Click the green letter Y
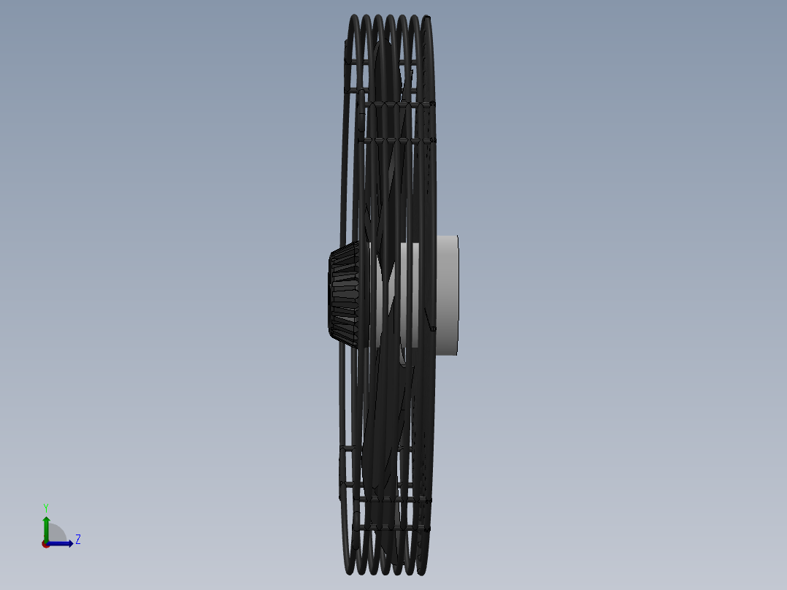[46, 508]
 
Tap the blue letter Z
[78, 540]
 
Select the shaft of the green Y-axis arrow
[46, 532]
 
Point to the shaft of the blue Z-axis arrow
[58, 543]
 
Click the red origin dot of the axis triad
[46, 544]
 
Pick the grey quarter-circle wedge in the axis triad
[55, 534]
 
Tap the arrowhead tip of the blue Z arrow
[73, 543]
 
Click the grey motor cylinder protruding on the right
[447, 295]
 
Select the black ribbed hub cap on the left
[344, 295]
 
